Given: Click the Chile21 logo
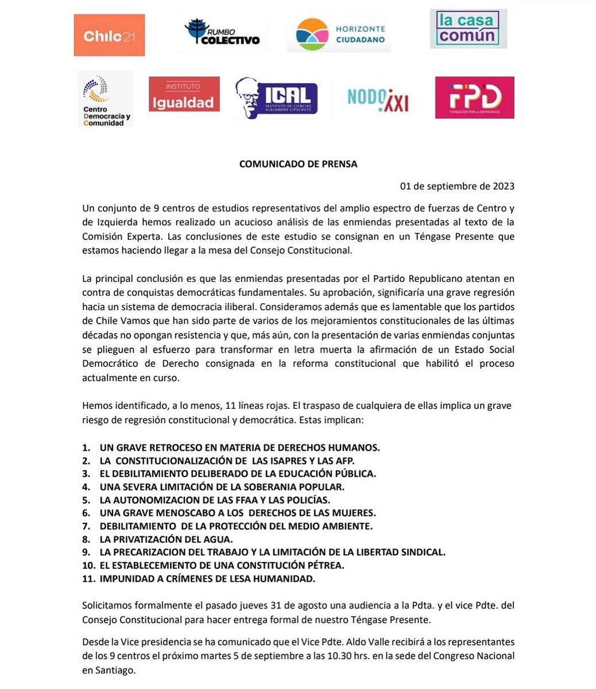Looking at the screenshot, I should click(x=109, y=36).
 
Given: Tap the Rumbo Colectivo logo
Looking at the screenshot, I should click(x=222, y=33).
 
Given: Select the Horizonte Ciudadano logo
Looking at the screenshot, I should click(x=339, y=34).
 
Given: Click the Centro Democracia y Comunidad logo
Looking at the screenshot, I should click(x=106, y=99).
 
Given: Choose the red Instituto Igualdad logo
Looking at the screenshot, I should click(x=184, y=94).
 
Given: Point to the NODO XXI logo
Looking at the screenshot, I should click(x=378, y=99).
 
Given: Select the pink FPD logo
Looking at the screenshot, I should click(x=474, y=98).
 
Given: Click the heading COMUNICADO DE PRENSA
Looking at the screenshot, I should click(x=298, y=164).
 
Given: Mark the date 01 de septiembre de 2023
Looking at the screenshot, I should click(x=457, y=186).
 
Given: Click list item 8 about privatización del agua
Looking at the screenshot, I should click(x=166, y=539).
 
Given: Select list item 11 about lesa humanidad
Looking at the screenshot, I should click(x=207, y=579).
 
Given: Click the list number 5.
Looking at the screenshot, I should click(x=86, y=500).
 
